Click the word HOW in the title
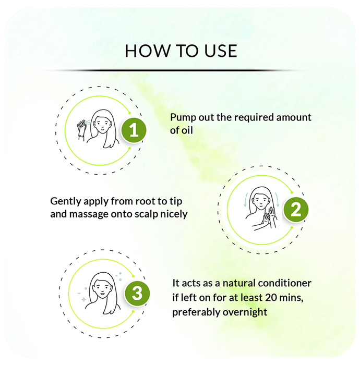[148, 51]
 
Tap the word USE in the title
[221, 51]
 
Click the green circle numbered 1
[134, 130]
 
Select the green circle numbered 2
[296, 210]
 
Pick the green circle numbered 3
[137, 293]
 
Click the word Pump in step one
[183, 117]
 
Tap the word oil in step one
[187, 130]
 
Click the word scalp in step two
[147, 214]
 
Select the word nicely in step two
[174, 214]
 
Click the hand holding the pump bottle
[81, 130]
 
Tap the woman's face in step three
[103, 288]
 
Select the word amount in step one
[294, 117]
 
